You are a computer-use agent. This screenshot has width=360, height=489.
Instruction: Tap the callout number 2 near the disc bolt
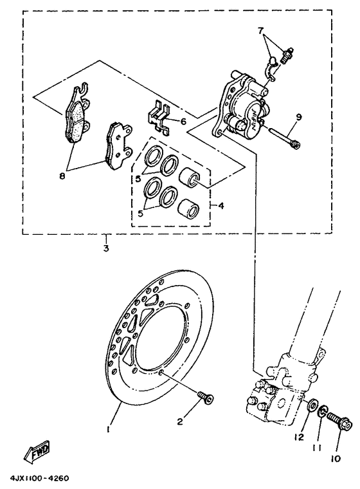coord(181,421)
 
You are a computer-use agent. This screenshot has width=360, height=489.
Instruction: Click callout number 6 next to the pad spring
coord(183,121)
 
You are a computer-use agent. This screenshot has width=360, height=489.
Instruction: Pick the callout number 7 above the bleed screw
coord(260,31)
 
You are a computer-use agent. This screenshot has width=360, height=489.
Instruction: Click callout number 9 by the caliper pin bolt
coord(298,117)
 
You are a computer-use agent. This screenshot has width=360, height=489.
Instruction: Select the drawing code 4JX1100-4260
coord(39,479)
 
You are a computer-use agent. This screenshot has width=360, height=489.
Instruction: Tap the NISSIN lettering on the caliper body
coord(260,118)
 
